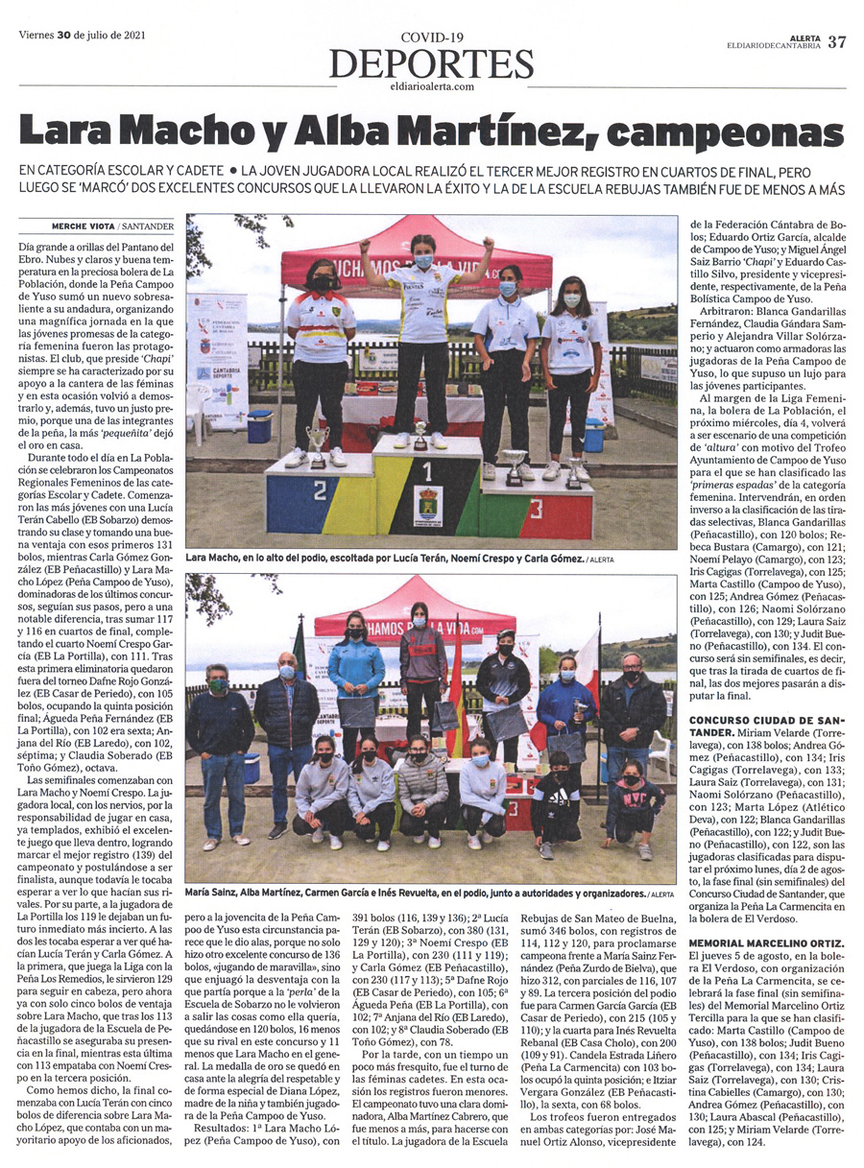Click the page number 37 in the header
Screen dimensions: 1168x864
click(837, 41)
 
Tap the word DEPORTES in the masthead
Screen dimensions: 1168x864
click(431, 64)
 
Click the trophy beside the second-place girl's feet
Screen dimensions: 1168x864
click(316, 444)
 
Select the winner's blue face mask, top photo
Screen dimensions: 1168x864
click(422, 261)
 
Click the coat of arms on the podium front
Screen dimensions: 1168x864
click(427, 506)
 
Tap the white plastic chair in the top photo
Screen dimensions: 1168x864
click(200, 401)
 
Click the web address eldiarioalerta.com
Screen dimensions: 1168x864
click(431, 86)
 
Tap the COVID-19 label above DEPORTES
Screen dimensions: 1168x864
click(431, 37)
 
